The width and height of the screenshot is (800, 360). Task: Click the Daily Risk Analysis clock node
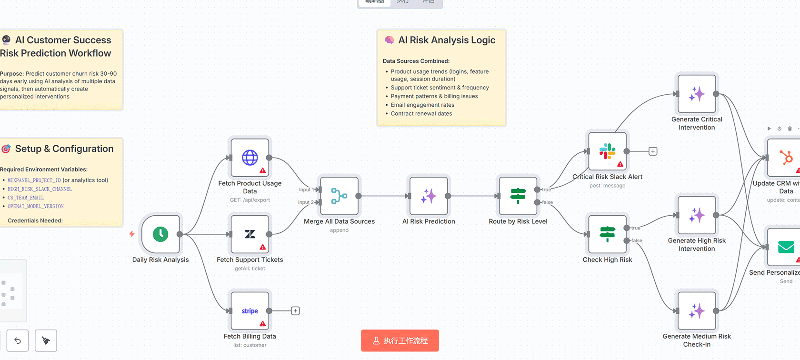[x=160, y=234]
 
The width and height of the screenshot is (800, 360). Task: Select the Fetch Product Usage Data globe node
[x=250, y=158]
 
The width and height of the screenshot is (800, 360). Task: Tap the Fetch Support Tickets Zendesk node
[x=250, y=234]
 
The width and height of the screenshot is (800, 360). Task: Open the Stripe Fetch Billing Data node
[x=250, y=311]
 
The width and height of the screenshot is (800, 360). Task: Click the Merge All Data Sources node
[x=339, y=196]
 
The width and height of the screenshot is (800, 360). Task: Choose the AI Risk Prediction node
[x=429, y=196]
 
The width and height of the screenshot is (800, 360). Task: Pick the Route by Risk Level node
[x=518, y=196]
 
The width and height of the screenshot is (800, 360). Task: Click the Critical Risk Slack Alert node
[x=607, y=151]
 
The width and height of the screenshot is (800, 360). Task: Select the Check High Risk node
[x=607, y=234]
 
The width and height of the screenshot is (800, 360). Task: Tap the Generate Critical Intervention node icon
[x=697, y=94]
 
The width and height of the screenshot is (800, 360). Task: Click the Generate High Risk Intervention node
[x=697, y=215]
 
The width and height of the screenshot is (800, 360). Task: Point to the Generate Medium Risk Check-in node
[x=697, y=311]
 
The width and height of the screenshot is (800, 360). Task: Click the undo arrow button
[x=18, y=340]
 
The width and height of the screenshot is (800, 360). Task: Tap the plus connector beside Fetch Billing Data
[x=295, y=311]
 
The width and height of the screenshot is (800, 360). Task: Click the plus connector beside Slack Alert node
[x=653, y=151]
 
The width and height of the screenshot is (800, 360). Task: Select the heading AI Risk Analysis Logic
[x=447, y=40]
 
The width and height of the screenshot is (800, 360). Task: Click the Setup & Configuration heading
[x=64, y=149]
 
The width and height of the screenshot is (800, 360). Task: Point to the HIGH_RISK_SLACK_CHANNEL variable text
[x=40, y=189]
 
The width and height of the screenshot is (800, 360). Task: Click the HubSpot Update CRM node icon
[x=786, y=158]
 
